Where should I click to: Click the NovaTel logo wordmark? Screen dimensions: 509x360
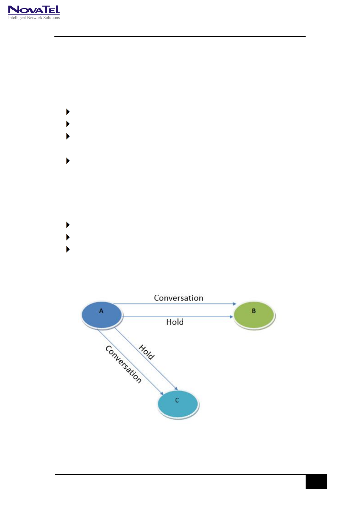point(34,10)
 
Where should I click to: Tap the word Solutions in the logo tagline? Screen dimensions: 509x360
point(51,18)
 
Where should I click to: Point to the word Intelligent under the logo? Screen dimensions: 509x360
point(17,18)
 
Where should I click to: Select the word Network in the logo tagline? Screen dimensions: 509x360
point(34,18)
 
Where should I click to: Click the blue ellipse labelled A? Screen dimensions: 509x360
point(102,315)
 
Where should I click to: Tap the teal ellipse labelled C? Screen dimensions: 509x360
point(178,404)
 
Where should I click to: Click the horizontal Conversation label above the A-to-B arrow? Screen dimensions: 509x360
point(178,298)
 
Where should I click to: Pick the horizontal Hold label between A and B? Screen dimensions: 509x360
point(175,322)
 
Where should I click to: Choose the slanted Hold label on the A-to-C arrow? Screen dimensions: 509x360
point(147,352)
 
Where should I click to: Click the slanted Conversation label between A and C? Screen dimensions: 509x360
point(123,365)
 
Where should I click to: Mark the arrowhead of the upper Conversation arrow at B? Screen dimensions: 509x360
point(235,304)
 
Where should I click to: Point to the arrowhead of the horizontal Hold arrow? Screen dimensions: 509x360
point(232,317)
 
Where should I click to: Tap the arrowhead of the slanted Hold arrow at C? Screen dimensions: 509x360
point(176,389)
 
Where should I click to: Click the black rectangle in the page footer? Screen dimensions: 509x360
point(316,482)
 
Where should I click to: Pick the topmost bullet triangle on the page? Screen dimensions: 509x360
point(68,112)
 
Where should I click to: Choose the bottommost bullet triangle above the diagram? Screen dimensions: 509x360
point(68,249)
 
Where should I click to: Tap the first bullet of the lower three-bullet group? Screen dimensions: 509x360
point(68,225)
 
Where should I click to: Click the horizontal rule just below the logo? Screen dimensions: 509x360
point(180,37)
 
